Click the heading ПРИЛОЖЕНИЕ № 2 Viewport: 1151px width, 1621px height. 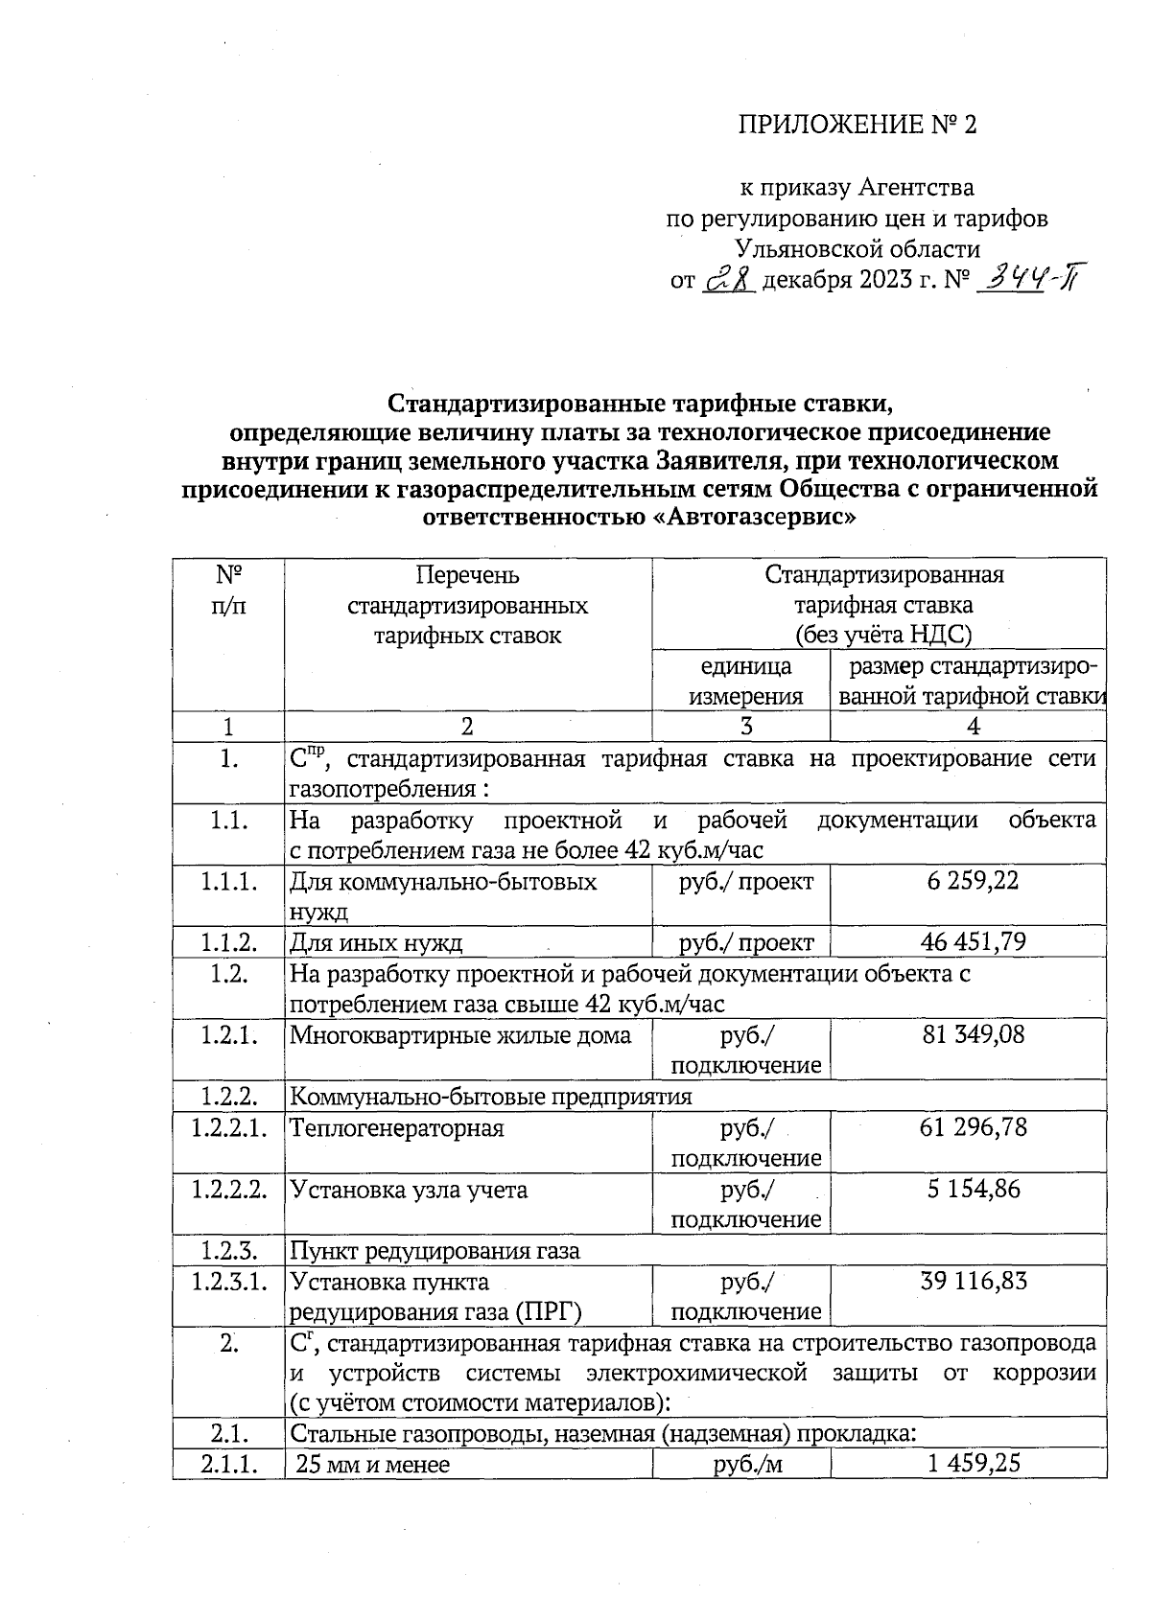[857, 126]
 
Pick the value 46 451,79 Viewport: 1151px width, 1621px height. [973, 942]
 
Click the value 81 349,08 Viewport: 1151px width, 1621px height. [973, 1035]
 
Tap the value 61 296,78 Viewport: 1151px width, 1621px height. [973, 1127]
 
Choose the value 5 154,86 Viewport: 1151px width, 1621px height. [973, 1189]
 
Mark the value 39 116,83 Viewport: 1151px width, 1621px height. [973, 1281]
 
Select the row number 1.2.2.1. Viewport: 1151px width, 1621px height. [228, 1127]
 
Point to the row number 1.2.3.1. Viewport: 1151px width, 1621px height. [228, 1282]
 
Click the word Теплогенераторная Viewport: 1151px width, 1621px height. [397, 1128]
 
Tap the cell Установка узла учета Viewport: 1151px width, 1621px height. [409, 1190]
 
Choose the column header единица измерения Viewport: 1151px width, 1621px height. [745, 681]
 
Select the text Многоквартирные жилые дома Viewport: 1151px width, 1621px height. [460, 1035]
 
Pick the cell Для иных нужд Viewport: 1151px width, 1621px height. [376, 943]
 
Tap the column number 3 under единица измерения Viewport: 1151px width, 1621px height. [745, 727]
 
